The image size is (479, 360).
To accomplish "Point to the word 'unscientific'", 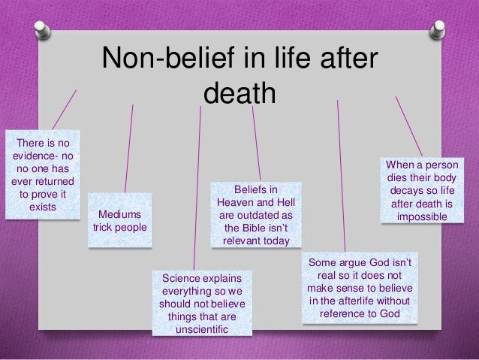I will click(x=202, y=330).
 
